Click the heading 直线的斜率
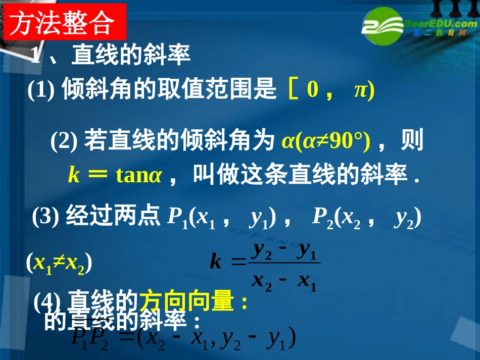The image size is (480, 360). [131, 56]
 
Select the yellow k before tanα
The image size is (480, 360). [74, 175]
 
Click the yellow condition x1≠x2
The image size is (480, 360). [59, 263]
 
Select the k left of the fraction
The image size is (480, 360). [216, 263]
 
